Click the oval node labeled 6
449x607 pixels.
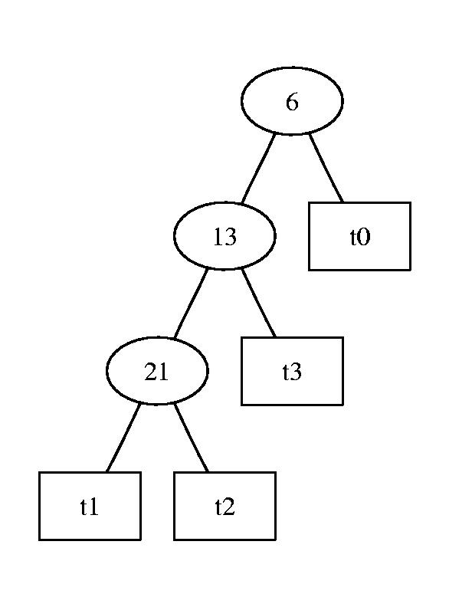point(292,101)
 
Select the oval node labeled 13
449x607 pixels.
point(224,236)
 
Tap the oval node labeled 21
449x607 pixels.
point(157,371)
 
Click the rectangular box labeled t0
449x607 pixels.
point(359,236)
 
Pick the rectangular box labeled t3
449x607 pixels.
point(292,371)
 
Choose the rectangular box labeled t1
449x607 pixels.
point(90,506)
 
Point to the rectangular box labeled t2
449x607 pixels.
point(225,506)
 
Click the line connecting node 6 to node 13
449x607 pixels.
point(258,169)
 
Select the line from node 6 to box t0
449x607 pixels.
point(326,168)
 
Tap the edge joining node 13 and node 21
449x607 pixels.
point(191,303)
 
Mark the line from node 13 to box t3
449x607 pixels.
point(258,303)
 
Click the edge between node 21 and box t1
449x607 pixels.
point(123,438)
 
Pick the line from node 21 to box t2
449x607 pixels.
point(192,438)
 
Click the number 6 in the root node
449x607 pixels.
point(292,102)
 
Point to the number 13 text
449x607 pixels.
point(225,237)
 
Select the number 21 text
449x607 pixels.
point(157,372)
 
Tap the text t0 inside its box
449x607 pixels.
point(360,237)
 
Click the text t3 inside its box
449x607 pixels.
point(292,372)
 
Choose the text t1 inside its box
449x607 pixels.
point(90,507)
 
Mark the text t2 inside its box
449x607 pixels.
point(225,507)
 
